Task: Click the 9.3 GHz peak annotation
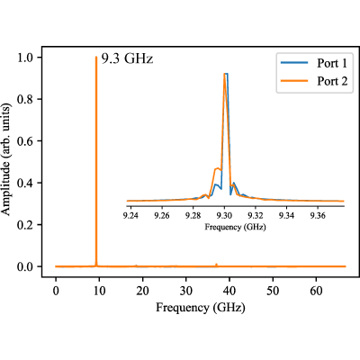pyautogui.click(x=127, y=58)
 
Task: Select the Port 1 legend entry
pyautogui.click(x=314, y=63)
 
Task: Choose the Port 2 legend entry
pyautogui.click(x=314, y=81)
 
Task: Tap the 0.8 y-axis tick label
pyautogui.click(x=25, y=99)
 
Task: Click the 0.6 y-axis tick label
pyautogui.click(x=25, y=141)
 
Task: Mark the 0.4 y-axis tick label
pyautogui.click(x=25, y=183)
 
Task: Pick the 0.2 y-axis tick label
pyautogui.click(x=25, y=225)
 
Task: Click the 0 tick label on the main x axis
pyautogui.click(x=56, y=291)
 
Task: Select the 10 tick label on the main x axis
pyautogui.click(x=99, y=291)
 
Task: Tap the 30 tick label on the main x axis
pyautogui.click(x=186, y=291)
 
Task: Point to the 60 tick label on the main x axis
pyautogui.click(x=316, y=291)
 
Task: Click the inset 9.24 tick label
pyautogui.click(x=130, y=216)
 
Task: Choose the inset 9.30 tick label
pyautogui.click(x=224, y=216)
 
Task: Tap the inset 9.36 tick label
pyautogui.click(x=318, y=216)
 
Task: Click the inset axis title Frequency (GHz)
pyautogui.click(x=235, y=227)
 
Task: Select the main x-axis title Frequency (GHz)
pyautogui.click(x=201, y=308)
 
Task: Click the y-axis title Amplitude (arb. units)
pyautogui.click(x=6, y=159)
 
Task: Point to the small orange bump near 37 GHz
pyautogui.click(x=216, y=265)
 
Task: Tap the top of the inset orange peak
pyautogui.click(x=224, y=74)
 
